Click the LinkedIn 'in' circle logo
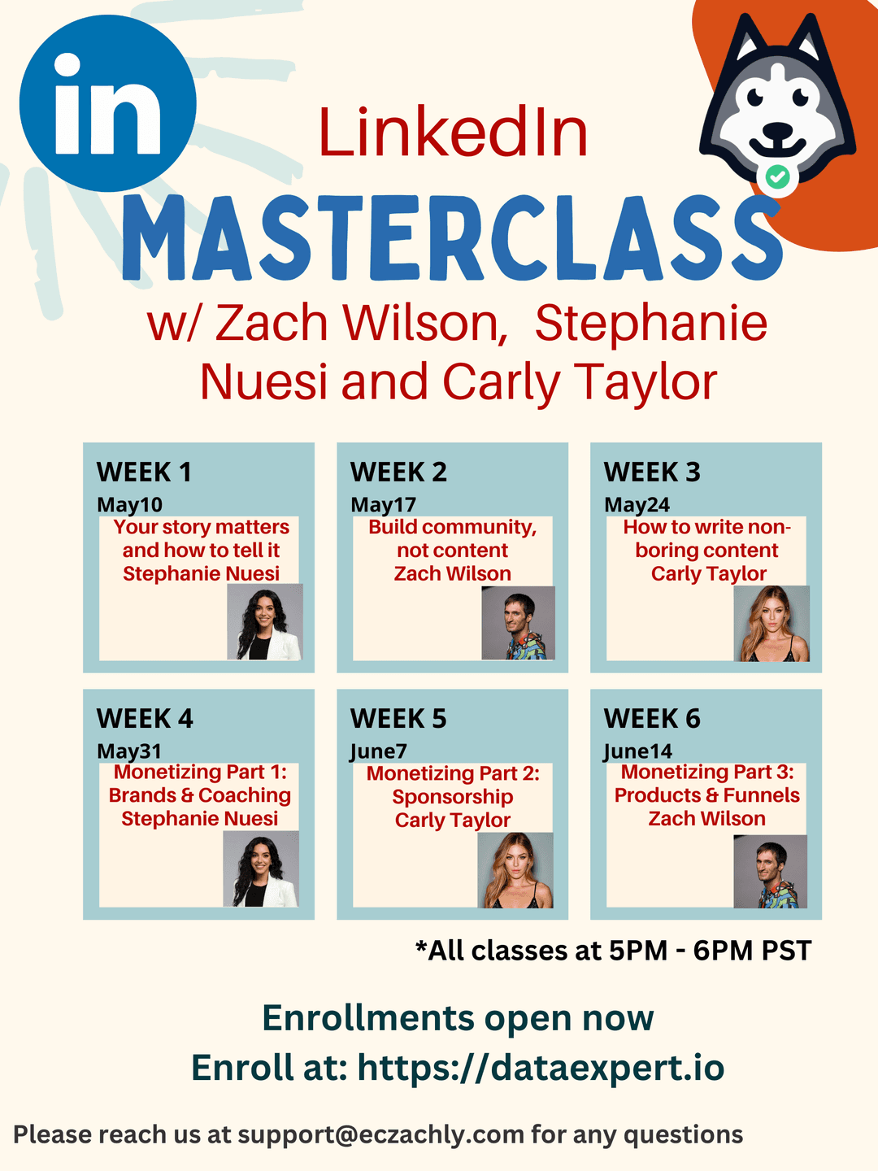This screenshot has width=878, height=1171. tap(107, 103)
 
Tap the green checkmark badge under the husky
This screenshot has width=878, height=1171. tap(778, 176)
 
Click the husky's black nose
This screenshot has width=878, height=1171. tap(777, 129)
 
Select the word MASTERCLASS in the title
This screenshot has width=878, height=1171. tap(452, 237)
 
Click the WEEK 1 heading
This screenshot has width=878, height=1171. tap(144, 472)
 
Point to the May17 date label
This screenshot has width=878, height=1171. tap(383, 505)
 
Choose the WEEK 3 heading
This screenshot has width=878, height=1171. tap(652, 472)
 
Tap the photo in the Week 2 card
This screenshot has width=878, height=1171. tap(518, 623)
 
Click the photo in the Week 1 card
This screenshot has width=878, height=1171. tap(265, 621)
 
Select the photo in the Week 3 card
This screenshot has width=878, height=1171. tap(772, 624)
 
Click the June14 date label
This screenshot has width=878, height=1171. tap(638, 751)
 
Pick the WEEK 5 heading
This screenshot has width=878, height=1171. tap(398, 719)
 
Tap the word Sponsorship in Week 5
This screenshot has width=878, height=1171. tap(453, 796)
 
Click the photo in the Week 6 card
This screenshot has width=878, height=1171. tap(771, 872)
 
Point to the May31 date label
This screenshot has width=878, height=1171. tap(129, 751)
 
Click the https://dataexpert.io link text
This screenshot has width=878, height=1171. tap(541, 1067)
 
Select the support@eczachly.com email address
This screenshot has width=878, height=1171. tap(380, 1134)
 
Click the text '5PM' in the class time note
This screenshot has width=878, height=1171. tap(637, 951)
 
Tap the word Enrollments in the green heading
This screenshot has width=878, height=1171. tap(367, 1018)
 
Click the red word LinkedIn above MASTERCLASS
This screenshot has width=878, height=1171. tap(453, 133)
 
